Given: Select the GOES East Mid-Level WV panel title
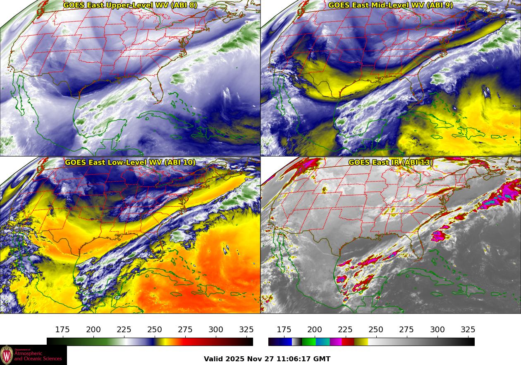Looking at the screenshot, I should coord(391,5).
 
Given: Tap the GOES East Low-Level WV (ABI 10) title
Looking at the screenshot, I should coord(130,162).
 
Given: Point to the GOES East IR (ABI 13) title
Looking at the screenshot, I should coord(391,162).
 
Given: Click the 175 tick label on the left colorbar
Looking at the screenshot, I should coord(62,330).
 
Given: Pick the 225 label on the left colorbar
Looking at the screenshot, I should coord(124,330).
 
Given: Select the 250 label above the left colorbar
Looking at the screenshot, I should coord(155,330).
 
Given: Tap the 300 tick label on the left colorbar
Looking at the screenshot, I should coord(216,330).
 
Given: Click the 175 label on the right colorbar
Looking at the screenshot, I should coord(284,330).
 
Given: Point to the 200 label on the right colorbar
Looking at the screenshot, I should coord(315,330).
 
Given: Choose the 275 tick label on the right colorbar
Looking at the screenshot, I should coord(406,330).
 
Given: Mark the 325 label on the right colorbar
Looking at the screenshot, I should coord(468,330).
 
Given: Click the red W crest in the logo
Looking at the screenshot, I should coord(7,355).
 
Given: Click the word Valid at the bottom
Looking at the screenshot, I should coord(214,359).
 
